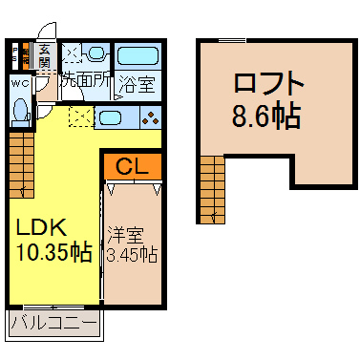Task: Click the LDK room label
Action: (41, 227)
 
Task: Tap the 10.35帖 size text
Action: (54, 252)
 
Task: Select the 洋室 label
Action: (125, 235)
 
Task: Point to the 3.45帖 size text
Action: (132, 254)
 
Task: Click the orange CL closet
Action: (133, 165)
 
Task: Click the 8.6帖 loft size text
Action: (266, 115)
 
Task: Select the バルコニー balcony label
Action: (53, 323)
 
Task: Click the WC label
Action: (20, 84)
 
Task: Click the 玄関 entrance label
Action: (44, 56)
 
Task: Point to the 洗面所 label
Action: (86, 82)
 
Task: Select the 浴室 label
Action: (138, 84)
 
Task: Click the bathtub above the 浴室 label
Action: (138, 56)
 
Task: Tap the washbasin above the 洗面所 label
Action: (95, 53)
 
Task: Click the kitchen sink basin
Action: (110, 117)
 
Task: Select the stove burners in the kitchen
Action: (151, 117)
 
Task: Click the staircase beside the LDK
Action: (22, 165)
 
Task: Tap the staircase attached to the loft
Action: (212, 189)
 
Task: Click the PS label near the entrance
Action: (14, 54)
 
